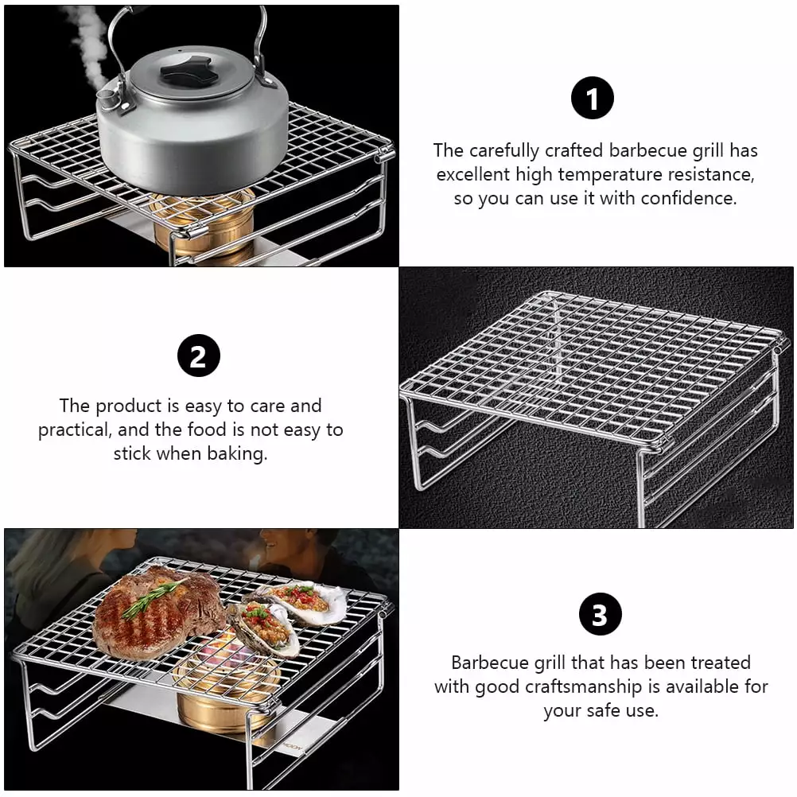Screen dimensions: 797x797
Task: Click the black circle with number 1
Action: click(x=592, y=98)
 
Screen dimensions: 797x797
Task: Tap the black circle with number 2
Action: click(x=199, y=356)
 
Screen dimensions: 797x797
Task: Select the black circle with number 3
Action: click(x=601, y=614)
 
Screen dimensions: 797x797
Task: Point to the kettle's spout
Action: click(x=112, y=96)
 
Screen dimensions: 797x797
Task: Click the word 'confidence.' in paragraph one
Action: click(x=688, y=198)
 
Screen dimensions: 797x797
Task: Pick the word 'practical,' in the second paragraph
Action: click(x=75, y=430)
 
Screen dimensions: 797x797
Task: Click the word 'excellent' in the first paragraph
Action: click(x=473, y=175)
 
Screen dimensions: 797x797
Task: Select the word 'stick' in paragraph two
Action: click(x=132, y=453)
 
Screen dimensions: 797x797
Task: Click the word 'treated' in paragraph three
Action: click(x=721, y=663)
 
